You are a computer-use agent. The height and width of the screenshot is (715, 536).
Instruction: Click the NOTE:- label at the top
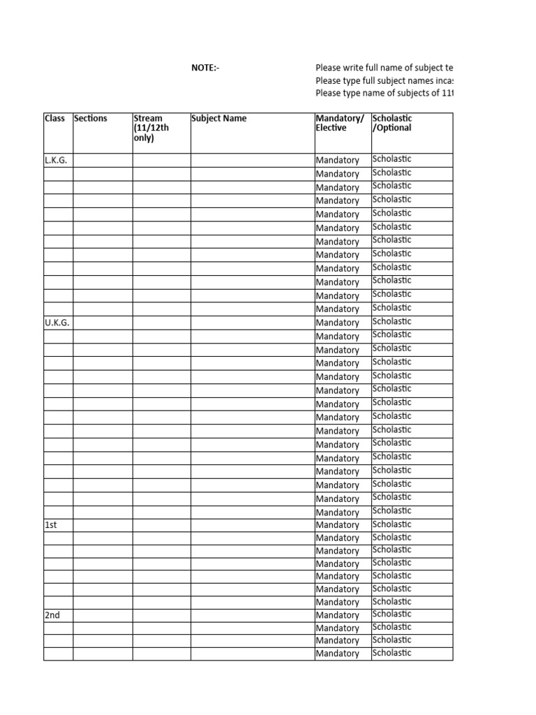pos(205,68)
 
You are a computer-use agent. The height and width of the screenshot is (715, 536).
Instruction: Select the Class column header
pos(54,119)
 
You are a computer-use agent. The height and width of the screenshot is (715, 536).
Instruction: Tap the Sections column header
pos(91,119)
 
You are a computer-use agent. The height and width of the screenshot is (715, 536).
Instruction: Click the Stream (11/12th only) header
pos(151,128)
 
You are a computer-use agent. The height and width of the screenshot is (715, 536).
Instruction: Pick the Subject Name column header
pos(218,119)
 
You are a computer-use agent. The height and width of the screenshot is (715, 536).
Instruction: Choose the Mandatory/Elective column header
pos(340,124)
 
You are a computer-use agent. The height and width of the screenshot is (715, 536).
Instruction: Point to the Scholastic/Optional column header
pos(392,124)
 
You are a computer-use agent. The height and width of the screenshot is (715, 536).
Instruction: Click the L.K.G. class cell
pos(56,161)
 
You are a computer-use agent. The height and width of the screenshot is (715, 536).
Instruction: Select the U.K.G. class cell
pos(57,323)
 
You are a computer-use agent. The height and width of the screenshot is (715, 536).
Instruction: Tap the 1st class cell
pos(50,525)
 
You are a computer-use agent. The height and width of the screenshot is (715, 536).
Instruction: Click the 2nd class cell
pos(52,615)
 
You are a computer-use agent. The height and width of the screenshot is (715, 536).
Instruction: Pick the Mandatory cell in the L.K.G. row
pos(338,161)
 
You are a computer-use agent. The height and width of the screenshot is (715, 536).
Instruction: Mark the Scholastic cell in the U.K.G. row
pos(392,322)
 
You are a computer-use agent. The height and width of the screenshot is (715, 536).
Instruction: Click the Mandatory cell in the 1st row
pos(338,525)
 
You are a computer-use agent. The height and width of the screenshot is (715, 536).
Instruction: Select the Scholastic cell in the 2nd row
pos(392,614)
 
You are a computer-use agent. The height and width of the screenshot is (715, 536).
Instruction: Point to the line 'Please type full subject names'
pos(384,80)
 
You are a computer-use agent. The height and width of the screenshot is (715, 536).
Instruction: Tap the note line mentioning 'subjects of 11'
pos(384,93)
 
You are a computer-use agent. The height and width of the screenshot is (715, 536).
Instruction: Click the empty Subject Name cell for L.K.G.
pos(253,161)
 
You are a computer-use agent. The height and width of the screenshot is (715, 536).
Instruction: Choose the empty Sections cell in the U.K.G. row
pos(103,323)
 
